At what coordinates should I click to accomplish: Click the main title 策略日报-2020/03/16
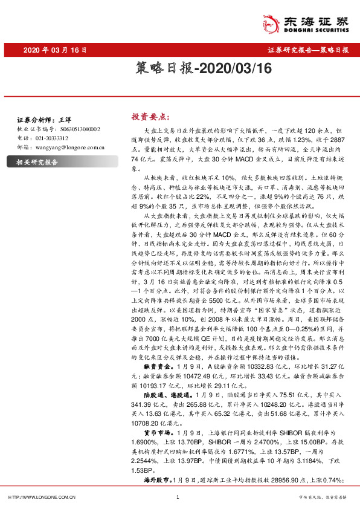tap(179, 71)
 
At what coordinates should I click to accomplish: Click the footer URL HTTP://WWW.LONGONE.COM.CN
tap(41, 497)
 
